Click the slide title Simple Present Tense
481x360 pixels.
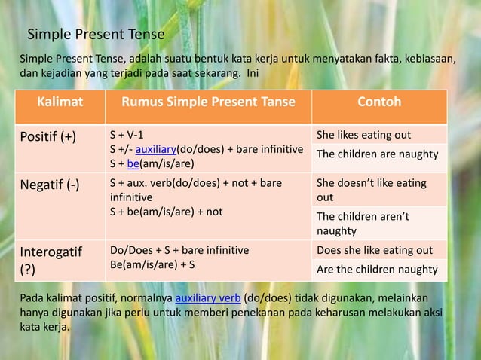pos(96,34)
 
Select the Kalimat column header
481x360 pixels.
pos(62,102)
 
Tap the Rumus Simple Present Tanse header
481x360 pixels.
pos(210,102)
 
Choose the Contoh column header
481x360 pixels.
pos(379,102)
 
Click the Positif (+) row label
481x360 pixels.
pos(47,137)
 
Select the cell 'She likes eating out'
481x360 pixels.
pos(363,135)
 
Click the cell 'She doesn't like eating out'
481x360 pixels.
pos(371,190)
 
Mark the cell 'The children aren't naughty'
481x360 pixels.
pos(362,224)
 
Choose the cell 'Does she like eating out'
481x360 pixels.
pos(374,250)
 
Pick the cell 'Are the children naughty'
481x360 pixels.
pos(377,269)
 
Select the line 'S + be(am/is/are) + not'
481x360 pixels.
pos(166,212)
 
